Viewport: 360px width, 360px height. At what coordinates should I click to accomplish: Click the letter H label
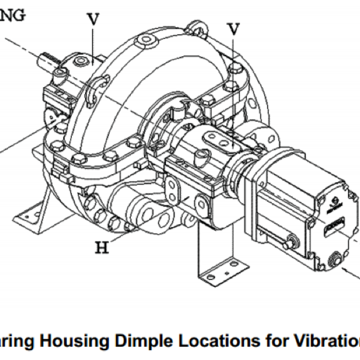(x=102, y=247)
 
